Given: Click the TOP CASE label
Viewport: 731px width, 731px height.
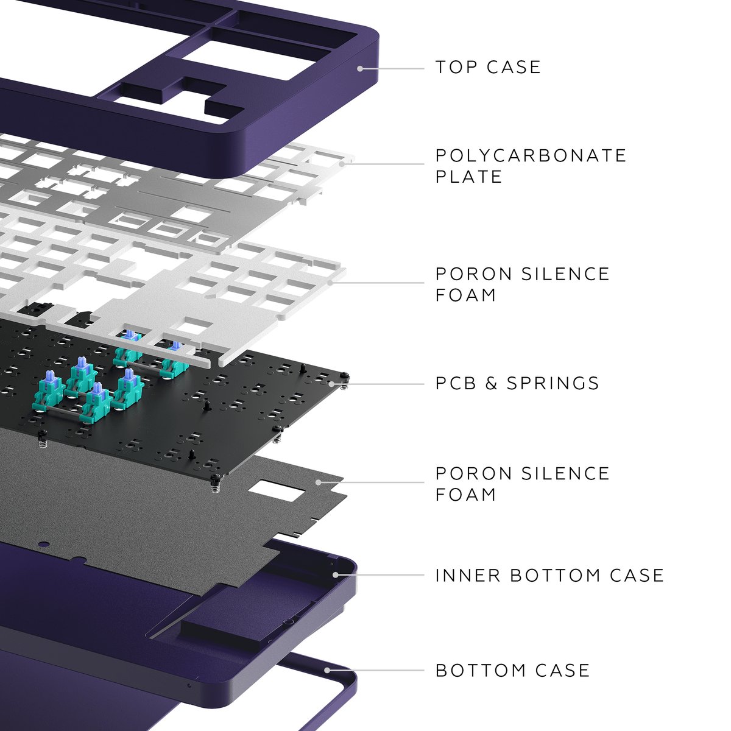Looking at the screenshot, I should click(488, 67).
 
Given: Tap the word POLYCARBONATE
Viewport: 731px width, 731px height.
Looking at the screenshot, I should click(531, 155).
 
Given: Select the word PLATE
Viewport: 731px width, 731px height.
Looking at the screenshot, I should click(468, 177).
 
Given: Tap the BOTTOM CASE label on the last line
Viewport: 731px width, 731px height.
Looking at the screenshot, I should click(512, 671).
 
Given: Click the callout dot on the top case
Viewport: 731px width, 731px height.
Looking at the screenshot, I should click(360, 68).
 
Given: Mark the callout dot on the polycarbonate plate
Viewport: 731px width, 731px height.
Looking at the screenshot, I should click(342, 163).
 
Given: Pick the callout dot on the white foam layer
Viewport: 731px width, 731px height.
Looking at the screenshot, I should click(330, 283).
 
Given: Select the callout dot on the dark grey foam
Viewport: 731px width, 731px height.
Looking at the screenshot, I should click(318, 482).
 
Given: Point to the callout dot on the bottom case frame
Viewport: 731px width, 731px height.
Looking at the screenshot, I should click(328, 670).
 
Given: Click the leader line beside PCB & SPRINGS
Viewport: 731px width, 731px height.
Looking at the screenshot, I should click(384, 384).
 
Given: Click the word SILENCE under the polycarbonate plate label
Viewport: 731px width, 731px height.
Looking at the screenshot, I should click(565, 274).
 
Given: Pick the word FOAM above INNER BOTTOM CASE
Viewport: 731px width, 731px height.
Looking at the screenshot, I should click(466, 494).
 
